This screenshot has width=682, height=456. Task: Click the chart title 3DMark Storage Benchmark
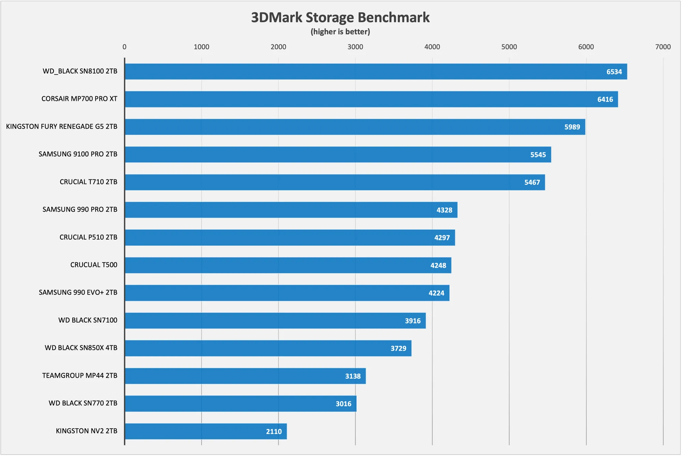[340, 17]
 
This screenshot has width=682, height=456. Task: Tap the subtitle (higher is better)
[340, 32]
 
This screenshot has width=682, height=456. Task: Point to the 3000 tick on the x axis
[355, 47]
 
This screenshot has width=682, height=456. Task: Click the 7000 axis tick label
[663, 47]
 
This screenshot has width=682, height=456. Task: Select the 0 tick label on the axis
[124, 47]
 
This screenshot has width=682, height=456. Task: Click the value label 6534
[614, 72]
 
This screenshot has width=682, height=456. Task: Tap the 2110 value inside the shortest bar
[274, 432]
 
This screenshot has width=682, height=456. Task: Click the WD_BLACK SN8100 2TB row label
[80, 71]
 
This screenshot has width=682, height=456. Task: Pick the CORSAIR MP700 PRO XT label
[79, 99]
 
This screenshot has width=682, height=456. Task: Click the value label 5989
[572, 127]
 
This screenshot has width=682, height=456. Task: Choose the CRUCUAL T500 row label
[94, 265]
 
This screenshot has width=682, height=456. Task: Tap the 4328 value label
[444, 210]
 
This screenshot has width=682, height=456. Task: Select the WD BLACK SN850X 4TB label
[81, 348]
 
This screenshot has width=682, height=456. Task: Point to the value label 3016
[343, 404]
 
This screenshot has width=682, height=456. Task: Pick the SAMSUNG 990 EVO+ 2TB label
[78, 293]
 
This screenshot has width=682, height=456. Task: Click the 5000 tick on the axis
[509, 47]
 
